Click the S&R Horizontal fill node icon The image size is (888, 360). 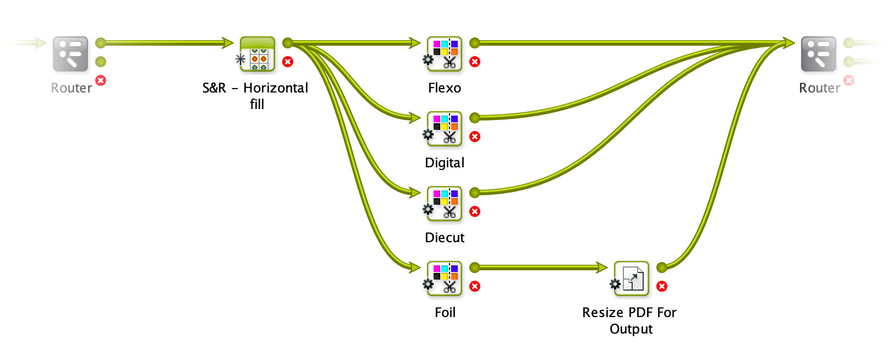click(x=257, y=54)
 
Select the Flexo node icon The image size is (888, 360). click(x=444, y=54)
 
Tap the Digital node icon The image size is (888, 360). click(x=444, y=129)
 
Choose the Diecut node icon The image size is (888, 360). click(x=444, y=204)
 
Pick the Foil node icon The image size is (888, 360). click(x=444, y=279)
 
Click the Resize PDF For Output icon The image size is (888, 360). click(x=631, y=279)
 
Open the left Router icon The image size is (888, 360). click(x=70, y=54)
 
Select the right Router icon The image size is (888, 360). click(x=818, y=54)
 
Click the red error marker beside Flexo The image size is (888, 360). click(x=475, y=62)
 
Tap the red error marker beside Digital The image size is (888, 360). click(x=475, y=137)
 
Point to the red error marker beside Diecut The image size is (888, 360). click(x=475, y=211)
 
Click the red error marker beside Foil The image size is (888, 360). click(x=475, y=286)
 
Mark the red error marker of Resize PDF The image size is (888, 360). click(x=662, y=286)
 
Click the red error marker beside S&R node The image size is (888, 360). click(x=288, y=62)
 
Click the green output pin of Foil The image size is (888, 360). click(x=475, y=268)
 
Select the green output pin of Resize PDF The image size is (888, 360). click(x=662, y=268)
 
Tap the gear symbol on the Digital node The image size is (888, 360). click(x=428, y=134)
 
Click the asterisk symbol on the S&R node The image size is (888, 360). click(x=240, y=59)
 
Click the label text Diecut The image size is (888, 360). click(x=445, y=238)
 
